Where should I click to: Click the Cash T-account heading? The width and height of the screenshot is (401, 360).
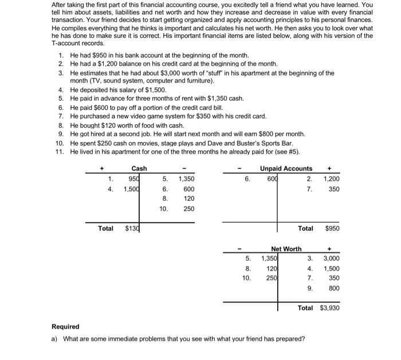pyautogui.click(x=139, y=168)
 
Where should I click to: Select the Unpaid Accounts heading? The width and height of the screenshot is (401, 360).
pyautogui.click(x=286, y=168)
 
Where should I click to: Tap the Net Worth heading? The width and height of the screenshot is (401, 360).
pyautogui.click(x=286, y=249)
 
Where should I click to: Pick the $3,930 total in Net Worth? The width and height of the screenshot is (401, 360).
pyautogui.click(x=330, y=308)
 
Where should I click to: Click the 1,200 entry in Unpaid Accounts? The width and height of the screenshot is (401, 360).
pyautogui.click(x=332, y=179)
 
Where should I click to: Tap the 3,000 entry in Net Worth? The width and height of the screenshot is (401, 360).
pyautogui.click(x=332, y=259)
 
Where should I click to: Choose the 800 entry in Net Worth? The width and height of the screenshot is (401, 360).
pyautogui.click(x=335, y=288)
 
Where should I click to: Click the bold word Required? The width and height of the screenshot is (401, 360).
pyautogui.click(x=65, y=327)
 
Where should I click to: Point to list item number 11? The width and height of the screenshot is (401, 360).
pyautogui.click(x=60, y=151)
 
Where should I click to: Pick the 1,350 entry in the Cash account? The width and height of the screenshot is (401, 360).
pyautogui.click(x=186, y=179)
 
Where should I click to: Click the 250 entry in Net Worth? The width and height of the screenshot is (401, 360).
pyautogui.click(x=271, y=278)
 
